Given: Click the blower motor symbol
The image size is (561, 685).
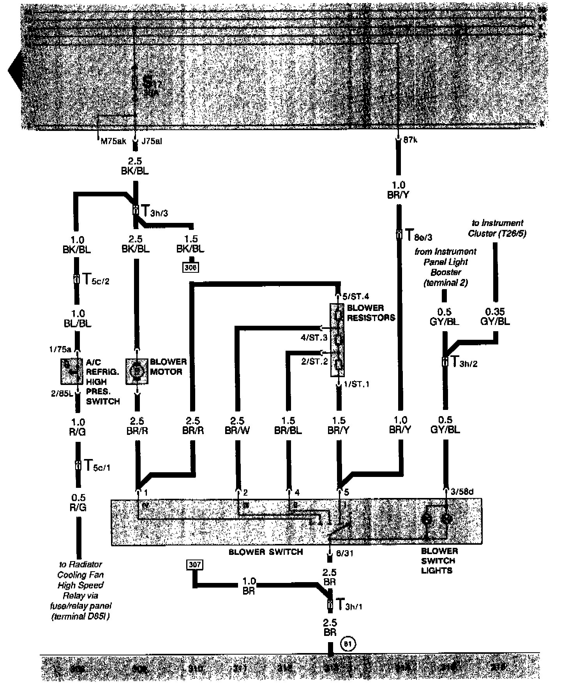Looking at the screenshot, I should click(x=137, y=371).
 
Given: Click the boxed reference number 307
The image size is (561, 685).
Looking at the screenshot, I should click(x=195, y=565).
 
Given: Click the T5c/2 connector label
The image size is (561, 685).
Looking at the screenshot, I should click(x=95, y=280).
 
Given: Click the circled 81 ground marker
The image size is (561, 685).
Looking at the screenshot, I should click(x=348, y=644).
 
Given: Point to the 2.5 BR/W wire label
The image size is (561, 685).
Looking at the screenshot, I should click(x=237, y=425).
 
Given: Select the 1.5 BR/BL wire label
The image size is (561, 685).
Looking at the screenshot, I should click(x=288, y=425).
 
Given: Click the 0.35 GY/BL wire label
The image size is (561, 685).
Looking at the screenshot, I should click(x=495, y=316).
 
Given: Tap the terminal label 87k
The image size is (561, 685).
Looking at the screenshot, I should click(x=410, y=141).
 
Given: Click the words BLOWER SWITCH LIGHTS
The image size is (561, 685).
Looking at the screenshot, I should click(x=439, y=561).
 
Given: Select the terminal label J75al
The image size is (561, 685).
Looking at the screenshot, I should click(x=152, y=141).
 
